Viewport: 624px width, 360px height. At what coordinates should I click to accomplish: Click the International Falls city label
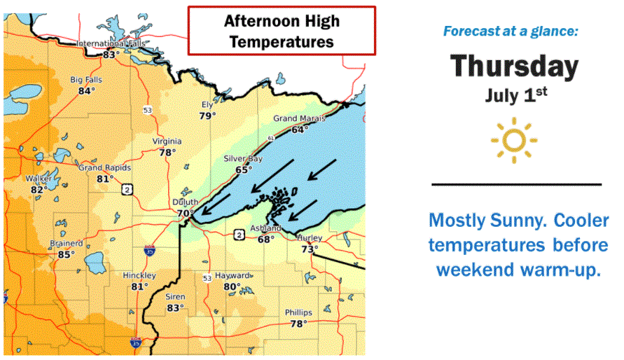(x=109, y=43)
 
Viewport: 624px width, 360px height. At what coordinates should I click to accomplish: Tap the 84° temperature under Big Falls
(x=86, y=91)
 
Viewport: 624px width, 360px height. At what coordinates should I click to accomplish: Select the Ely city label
(x=207, y=105)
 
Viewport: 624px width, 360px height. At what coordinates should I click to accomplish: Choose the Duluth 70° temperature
(x=186, y=213)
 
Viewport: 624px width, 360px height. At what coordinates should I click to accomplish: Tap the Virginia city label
(x=167, y=141)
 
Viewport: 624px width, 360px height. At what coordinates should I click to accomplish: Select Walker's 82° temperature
(x=39, y=189)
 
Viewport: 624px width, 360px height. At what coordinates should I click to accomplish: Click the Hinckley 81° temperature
(x=139, y=286)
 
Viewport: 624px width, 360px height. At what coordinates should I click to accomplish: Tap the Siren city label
(x=175, y=297)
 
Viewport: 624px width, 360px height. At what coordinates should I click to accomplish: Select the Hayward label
(x=233, y=276)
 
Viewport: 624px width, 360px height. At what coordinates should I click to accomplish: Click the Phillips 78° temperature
(x=299, y=324)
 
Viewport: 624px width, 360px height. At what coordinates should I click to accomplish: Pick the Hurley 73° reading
(x=310, y=249)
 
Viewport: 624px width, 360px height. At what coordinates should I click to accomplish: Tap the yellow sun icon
(x=514, y=140)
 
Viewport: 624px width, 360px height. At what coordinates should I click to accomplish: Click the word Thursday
(x=514, y=67)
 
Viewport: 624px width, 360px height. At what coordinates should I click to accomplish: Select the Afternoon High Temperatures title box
(x=282, y=31)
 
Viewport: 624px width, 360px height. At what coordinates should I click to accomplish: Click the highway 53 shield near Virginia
(x=147, y=111)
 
